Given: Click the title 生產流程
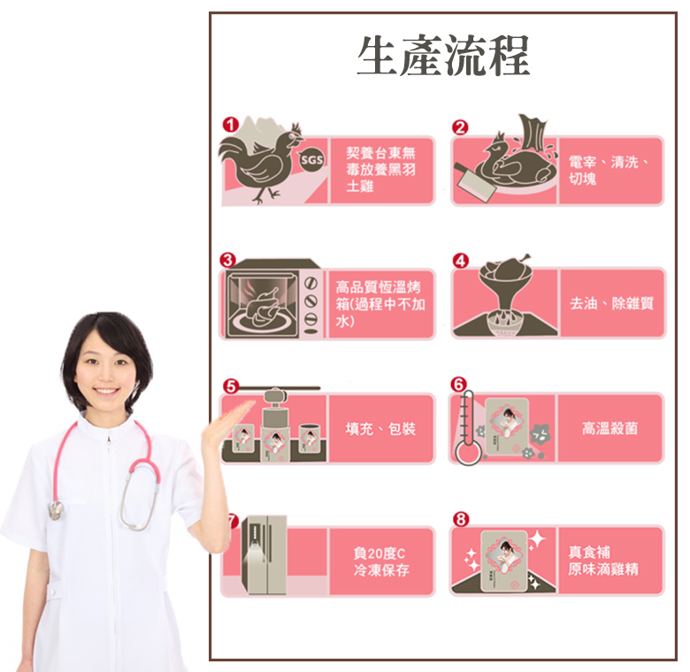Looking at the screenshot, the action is click(x=443, y=56).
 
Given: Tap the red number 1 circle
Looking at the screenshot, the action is click(x=230, y=125).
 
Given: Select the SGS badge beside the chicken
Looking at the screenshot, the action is click(x=311, y=160).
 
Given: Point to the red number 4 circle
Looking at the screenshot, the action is click(x=460, y=260).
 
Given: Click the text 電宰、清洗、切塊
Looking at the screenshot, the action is click(x=608, y=170).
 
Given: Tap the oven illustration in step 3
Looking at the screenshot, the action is click(x=270, y=300).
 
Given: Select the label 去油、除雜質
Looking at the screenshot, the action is click(x=611, y=303).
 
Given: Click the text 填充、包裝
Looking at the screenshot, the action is click(x=380, y=428).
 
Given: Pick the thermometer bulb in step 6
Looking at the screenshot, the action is click(x=468, y=453).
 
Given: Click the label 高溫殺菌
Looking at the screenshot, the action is click(x=609, y=428).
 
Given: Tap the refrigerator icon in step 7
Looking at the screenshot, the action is click(x=264, y=555).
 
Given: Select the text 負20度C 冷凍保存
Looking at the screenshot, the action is click(x=381, y=561).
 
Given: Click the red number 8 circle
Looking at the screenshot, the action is click(x=460, y=519).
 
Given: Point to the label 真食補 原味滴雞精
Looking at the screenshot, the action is click(x=603, y=561).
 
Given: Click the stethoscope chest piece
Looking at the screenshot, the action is click(x=57, y=510).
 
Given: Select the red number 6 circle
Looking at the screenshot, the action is click(x=458, y=385).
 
